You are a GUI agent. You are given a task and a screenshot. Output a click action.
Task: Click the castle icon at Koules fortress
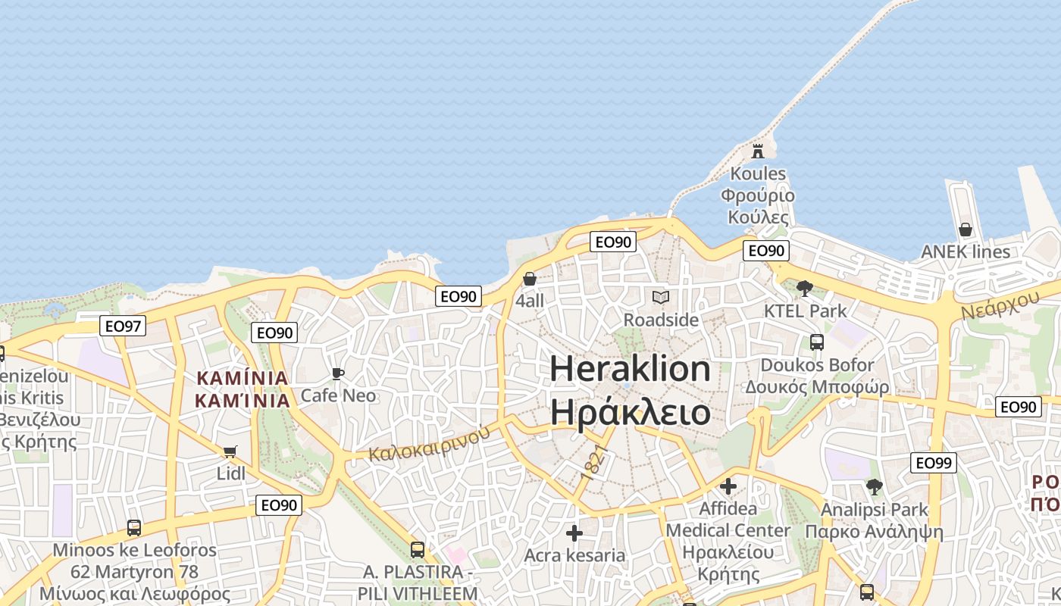[x=758, y=151]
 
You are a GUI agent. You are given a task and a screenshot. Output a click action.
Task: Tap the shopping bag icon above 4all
[x=530, y=279]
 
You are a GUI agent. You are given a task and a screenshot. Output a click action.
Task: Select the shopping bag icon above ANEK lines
[x=966, y=229]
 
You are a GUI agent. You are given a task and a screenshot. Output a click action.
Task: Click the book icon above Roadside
[x=661, y=297]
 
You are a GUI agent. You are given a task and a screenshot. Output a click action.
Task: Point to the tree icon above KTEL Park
[x=805, y=288]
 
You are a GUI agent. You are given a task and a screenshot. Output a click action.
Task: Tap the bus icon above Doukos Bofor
[x=817, y=342]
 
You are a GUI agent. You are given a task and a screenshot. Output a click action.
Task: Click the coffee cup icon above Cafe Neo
[x=338, y=373]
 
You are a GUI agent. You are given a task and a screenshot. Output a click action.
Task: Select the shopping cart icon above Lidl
[x=230, y=452]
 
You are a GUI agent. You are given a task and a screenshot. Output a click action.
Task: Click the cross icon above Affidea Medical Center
[x=728, y=486]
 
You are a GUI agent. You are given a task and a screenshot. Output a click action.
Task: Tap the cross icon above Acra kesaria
[x=574, y=533]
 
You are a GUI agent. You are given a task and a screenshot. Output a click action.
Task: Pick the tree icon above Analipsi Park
[x=875, y=487]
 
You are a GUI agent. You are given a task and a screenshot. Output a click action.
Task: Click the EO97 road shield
[x=123, y=326]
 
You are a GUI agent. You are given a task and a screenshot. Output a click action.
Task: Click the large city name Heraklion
[x=631, y=369]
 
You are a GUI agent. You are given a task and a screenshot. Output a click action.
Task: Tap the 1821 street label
[x=596, y=462]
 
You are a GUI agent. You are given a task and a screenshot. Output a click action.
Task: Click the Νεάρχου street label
[x=1000, y=305]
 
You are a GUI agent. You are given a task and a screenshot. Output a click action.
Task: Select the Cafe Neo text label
[x=338, y=395]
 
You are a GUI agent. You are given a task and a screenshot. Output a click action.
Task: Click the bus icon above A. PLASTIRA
[x=418, y=549]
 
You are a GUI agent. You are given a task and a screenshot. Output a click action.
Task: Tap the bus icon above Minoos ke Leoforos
[x=134, y=528]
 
